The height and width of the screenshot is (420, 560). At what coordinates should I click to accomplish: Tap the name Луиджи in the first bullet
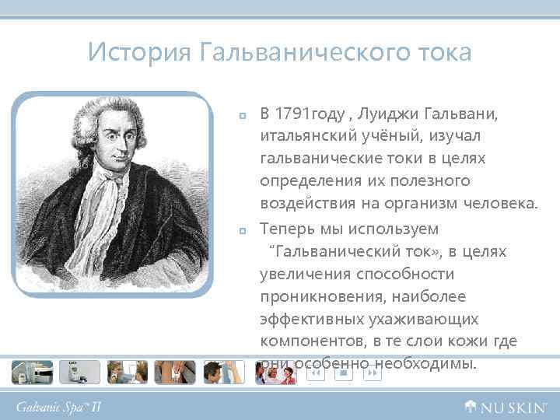395,115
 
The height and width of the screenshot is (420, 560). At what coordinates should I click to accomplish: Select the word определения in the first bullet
308,182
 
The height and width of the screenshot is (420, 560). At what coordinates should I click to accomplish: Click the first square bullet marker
243,117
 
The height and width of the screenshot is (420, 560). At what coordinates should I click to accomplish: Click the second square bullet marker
243,230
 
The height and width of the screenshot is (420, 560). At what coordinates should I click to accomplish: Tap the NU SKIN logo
503,406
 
